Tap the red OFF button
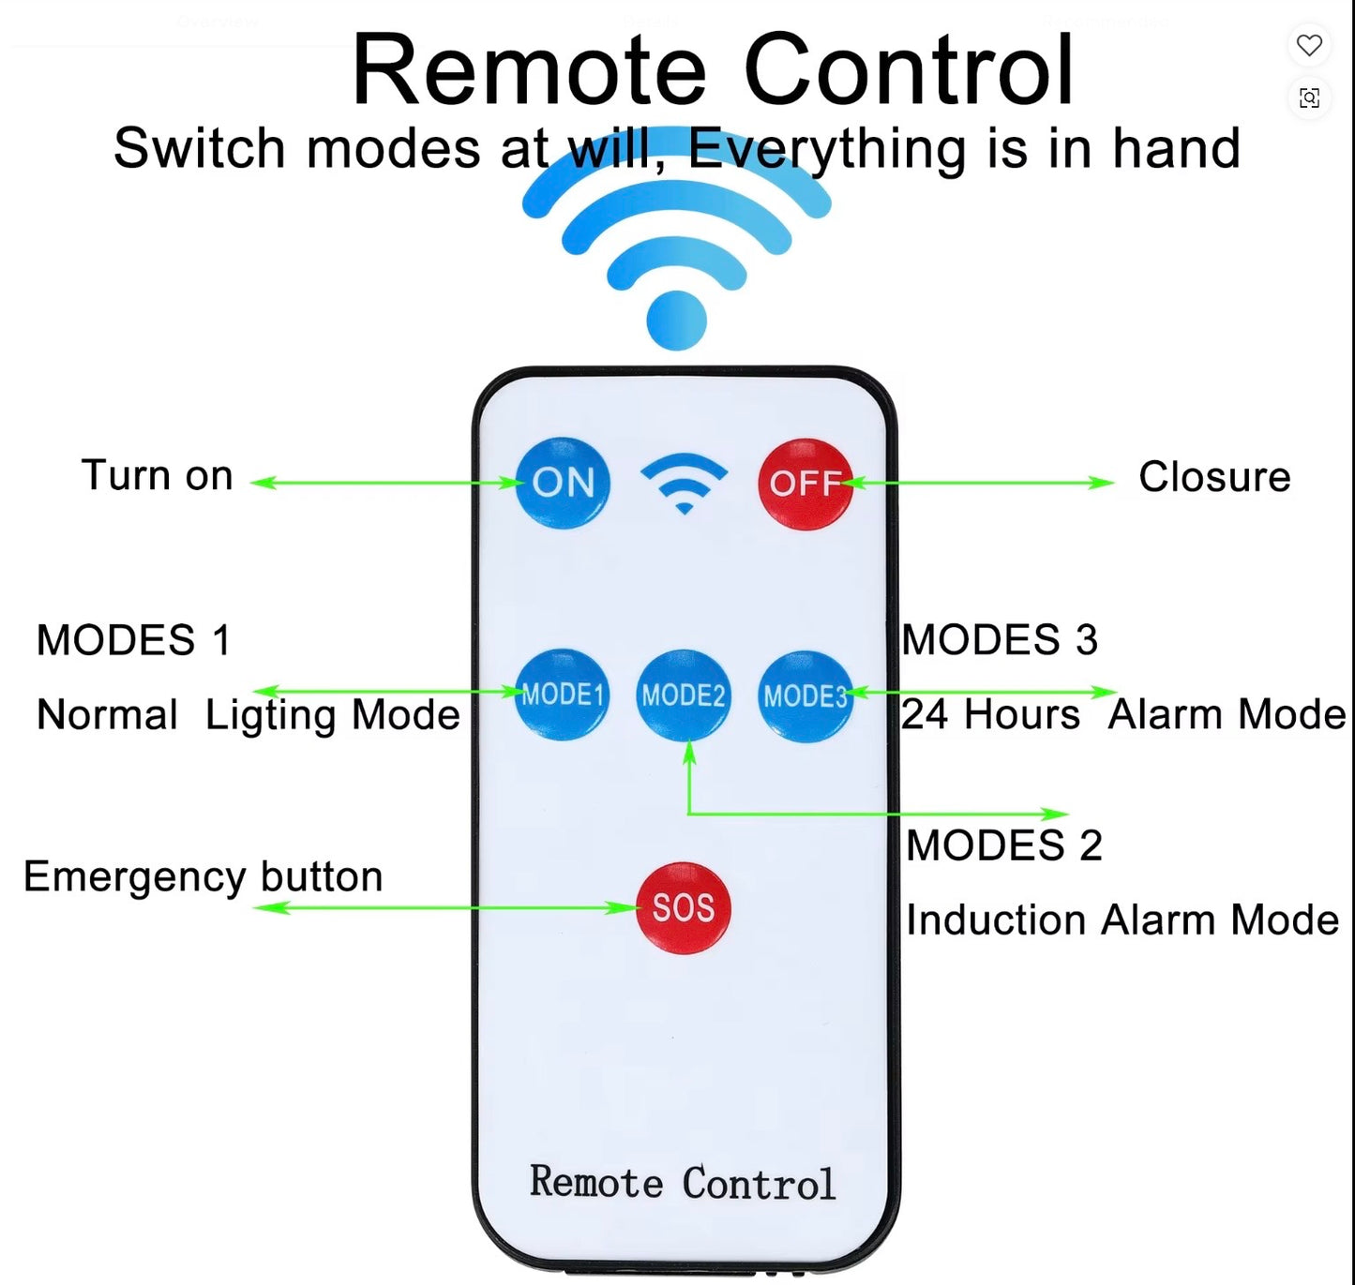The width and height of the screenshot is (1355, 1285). pyautogui.click(x=805, y=484)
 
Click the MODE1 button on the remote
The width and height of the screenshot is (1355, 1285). pyautogui.click(x=562, y=695)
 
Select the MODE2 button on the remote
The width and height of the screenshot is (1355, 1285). pyautogui.click(x=683, y=695)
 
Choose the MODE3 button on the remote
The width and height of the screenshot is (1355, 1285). pyautogui.click(x=805, y=695)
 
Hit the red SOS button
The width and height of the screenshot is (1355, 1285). pyautogui.click(x=683, y=907)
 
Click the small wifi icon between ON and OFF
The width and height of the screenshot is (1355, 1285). pyautogui.click(x=684, y=482)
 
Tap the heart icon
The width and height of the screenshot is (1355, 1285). pyautogui.click(x=1309, y=45)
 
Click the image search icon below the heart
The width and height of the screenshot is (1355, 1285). pyautogui.click(x=1309, y=97)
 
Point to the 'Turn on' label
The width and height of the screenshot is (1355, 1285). pyautogui.click(x=157, y=475)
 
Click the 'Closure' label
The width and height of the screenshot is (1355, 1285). pyautogui.click(x=1214, y=477)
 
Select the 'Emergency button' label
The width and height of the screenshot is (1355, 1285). pyautogui.click(x=203, y=877)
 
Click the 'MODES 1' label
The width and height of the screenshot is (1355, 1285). pyautogui.click(x=133, y=641)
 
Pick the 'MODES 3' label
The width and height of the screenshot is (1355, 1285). pyautogui.click(x=1000, y=641)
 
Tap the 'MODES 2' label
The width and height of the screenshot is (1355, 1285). pyautogui.click(x=1003, y=846)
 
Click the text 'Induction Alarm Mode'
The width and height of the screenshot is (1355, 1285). pyautogui.click(x=1122, y=920)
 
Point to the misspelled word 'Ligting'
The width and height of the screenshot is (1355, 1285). pyautogui.click(x=270, y=716)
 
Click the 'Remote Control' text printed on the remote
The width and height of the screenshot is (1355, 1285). pyautogui.click(x=682, y=1183)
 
